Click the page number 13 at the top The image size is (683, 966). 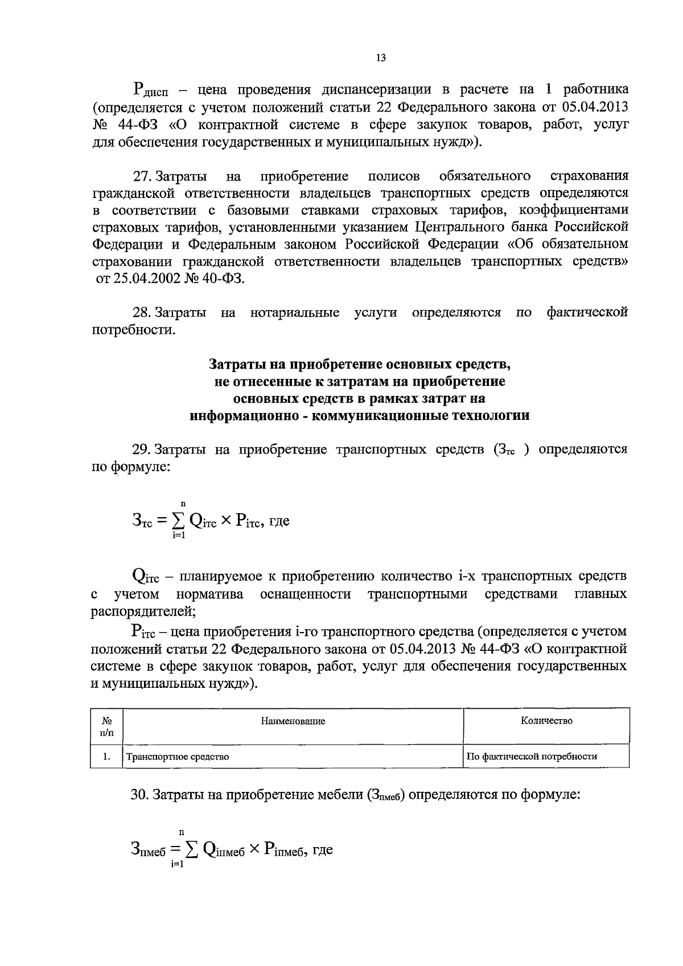[381, 57]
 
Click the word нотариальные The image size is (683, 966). [295, 312]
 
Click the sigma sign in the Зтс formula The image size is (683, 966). [182, 520]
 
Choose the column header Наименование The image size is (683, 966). [293, 721]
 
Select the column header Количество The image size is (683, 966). [546, 721]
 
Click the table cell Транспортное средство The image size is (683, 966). [178, 757]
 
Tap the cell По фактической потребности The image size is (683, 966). [532, 757]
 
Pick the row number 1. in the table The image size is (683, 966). [106, 757]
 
